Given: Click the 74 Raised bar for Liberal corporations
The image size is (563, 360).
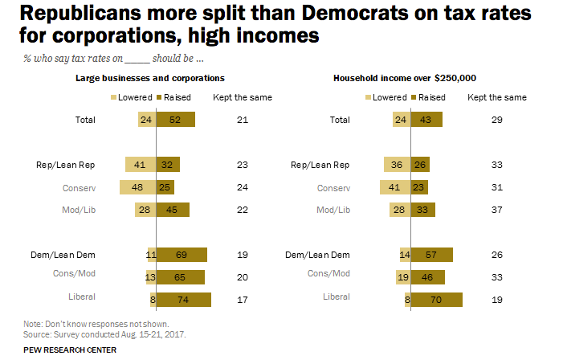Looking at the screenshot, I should [x=183, y=300].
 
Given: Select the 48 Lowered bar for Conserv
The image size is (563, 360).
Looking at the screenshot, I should [x=137, y=187].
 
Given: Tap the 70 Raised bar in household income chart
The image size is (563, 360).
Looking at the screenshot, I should [x=437, y=300].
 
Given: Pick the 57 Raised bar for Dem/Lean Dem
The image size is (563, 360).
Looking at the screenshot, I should [x=432, y=255].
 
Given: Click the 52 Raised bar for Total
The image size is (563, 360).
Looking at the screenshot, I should [x=175, y=120].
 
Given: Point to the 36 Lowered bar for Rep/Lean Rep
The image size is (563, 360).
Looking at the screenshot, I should [x=397, y=165].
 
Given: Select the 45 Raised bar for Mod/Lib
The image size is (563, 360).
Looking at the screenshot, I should [x=173, y=210].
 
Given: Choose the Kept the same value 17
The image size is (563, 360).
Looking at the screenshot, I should [x=242, y=300].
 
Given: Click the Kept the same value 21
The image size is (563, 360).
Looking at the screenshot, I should [x=242, y=120].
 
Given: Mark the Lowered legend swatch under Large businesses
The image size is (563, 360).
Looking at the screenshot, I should [x=113, y=97].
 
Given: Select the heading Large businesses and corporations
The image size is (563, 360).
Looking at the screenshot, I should [x=149, y=77].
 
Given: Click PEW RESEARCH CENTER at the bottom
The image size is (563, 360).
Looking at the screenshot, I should [x=70, y=350].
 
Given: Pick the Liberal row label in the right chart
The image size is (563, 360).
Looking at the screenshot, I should [x=337, y=297].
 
